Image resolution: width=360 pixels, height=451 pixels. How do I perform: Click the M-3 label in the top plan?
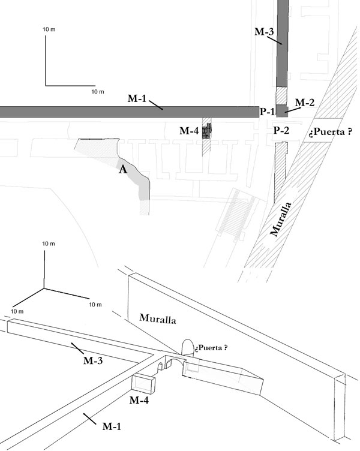[264, 31]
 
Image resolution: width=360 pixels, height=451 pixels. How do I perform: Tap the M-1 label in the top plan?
[137, 98]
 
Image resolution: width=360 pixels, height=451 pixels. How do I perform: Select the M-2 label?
[305, 102]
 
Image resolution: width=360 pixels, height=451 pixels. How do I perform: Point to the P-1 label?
[267, 112]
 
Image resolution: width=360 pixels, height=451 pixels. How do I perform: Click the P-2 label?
[281, 131]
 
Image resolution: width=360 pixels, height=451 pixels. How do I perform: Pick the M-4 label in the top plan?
[189, 131]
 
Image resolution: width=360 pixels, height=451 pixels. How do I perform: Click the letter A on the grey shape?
[123, 170]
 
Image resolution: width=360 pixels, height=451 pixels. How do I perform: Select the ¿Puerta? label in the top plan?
[331, 132]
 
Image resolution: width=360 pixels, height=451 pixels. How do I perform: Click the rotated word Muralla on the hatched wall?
[281, 220]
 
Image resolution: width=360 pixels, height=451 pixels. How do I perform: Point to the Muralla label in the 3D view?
[158, 318]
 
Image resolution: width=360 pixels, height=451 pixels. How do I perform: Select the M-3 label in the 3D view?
[93, 360]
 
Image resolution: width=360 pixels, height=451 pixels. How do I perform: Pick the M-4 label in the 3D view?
[139, 400]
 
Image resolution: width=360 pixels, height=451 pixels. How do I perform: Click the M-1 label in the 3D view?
[112, 426]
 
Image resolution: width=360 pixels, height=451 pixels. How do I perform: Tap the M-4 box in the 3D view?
[143, 384]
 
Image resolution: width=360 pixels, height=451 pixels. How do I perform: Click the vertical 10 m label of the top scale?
[49, 29]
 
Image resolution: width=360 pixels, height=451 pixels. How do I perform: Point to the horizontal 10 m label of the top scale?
[98, 92]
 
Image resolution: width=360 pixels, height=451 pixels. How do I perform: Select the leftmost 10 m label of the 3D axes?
[17, 311]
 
